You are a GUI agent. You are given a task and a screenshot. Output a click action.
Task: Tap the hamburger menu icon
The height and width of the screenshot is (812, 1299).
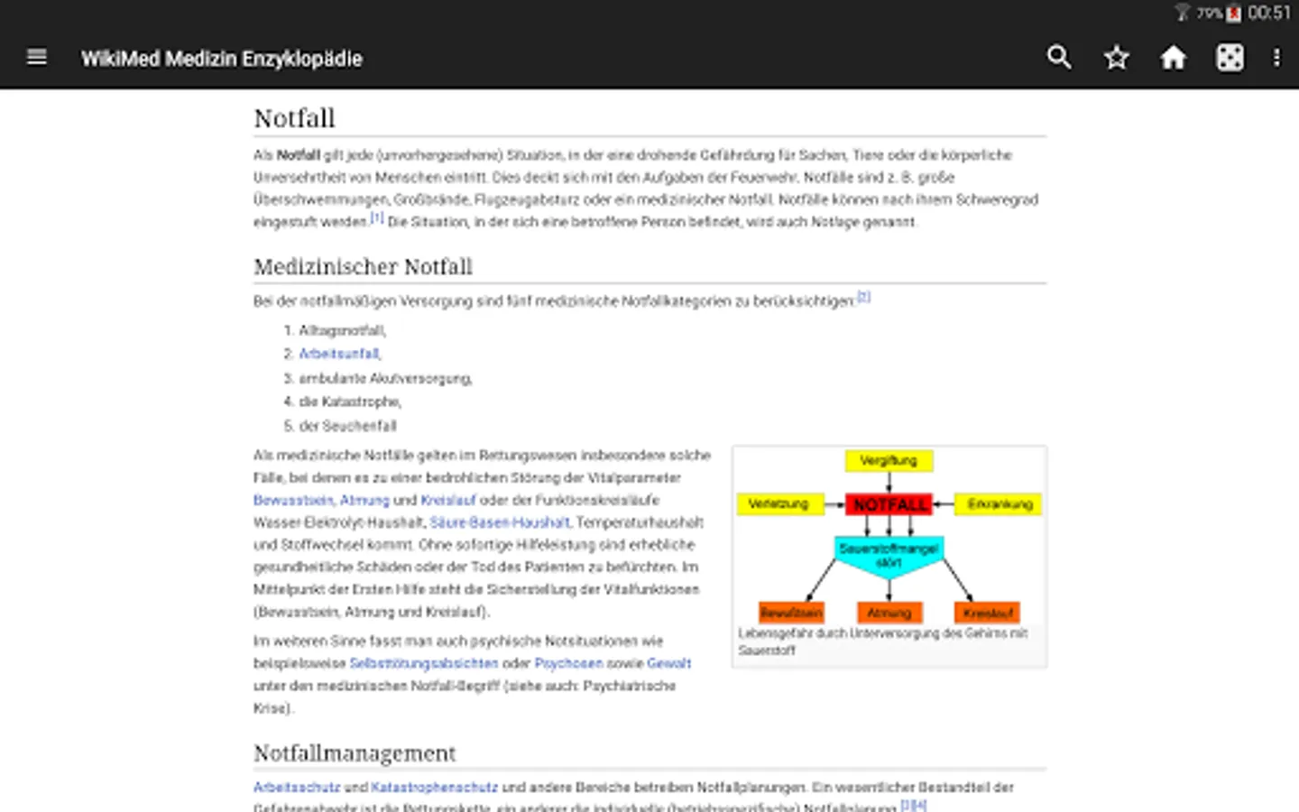(37, 58)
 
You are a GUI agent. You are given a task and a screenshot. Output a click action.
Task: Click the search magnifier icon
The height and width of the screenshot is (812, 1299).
(1059, 58)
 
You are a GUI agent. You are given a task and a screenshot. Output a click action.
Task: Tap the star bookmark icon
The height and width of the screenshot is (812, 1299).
(1117, 58)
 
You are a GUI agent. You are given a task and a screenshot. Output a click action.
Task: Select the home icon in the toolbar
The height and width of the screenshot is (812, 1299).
(1173, 58)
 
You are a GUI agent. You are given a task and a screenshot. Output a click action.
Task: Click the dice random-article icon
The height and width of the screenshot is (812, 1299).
(1230, 58)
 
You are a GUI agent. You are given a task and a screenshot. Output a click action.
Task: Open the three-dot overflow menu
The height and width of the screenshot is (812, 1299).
(1276, 58)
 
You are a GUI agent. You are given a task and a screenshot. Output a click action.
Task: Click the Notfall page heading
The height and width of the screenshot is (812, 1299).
(294, 118)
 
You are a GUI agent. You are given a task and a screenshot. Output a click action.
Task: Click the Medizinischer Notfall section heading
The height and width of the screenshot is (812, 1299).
(363, 267)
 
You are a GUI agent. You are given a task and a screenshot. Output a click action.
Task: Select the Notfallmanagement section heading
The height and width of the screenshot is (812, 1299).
(355, 753)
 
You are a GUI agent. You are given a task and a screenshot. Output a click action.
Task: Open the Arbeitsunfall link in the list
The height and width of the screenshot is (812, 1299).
(339, 354)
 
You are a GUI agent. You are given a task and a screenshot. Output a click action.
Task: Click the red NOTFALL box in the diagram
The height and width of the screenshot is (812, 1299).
(889, 504)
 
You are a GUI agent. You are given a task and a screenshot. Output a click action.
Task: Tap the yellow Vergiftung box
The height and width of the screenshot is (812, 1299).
(889, 461)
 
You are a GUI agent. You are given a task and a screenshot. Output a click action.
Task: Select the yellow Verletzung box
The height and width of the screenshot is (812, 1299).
(779, 504)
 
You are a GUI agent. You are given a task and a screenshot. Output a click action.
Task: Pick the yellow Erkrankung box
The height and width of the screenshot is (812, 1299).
(1000, 504)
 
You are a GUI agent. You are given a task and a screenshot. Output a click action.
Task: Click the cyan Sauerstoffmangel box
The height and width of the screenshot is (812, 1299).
(889, 555)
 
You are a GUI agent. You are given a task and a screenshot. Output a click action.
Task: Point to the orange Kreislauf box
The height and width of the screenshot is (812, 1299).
(988, 614)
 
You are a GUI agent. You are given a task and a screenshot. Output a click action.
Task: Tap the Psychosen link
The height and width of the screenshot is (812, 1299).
(568, 663)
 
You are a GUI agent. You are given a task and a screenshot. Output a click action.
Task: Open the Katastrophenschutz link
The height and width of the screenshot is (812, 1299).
(434, 787)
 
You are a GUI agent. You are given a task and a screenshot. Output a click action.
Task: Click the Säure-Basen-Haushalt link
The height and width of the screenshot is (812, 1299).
(500, 522)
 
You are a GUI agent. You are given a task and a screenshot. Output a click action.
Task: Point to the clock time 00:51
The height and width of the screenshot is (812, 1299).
(1269, 13)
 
